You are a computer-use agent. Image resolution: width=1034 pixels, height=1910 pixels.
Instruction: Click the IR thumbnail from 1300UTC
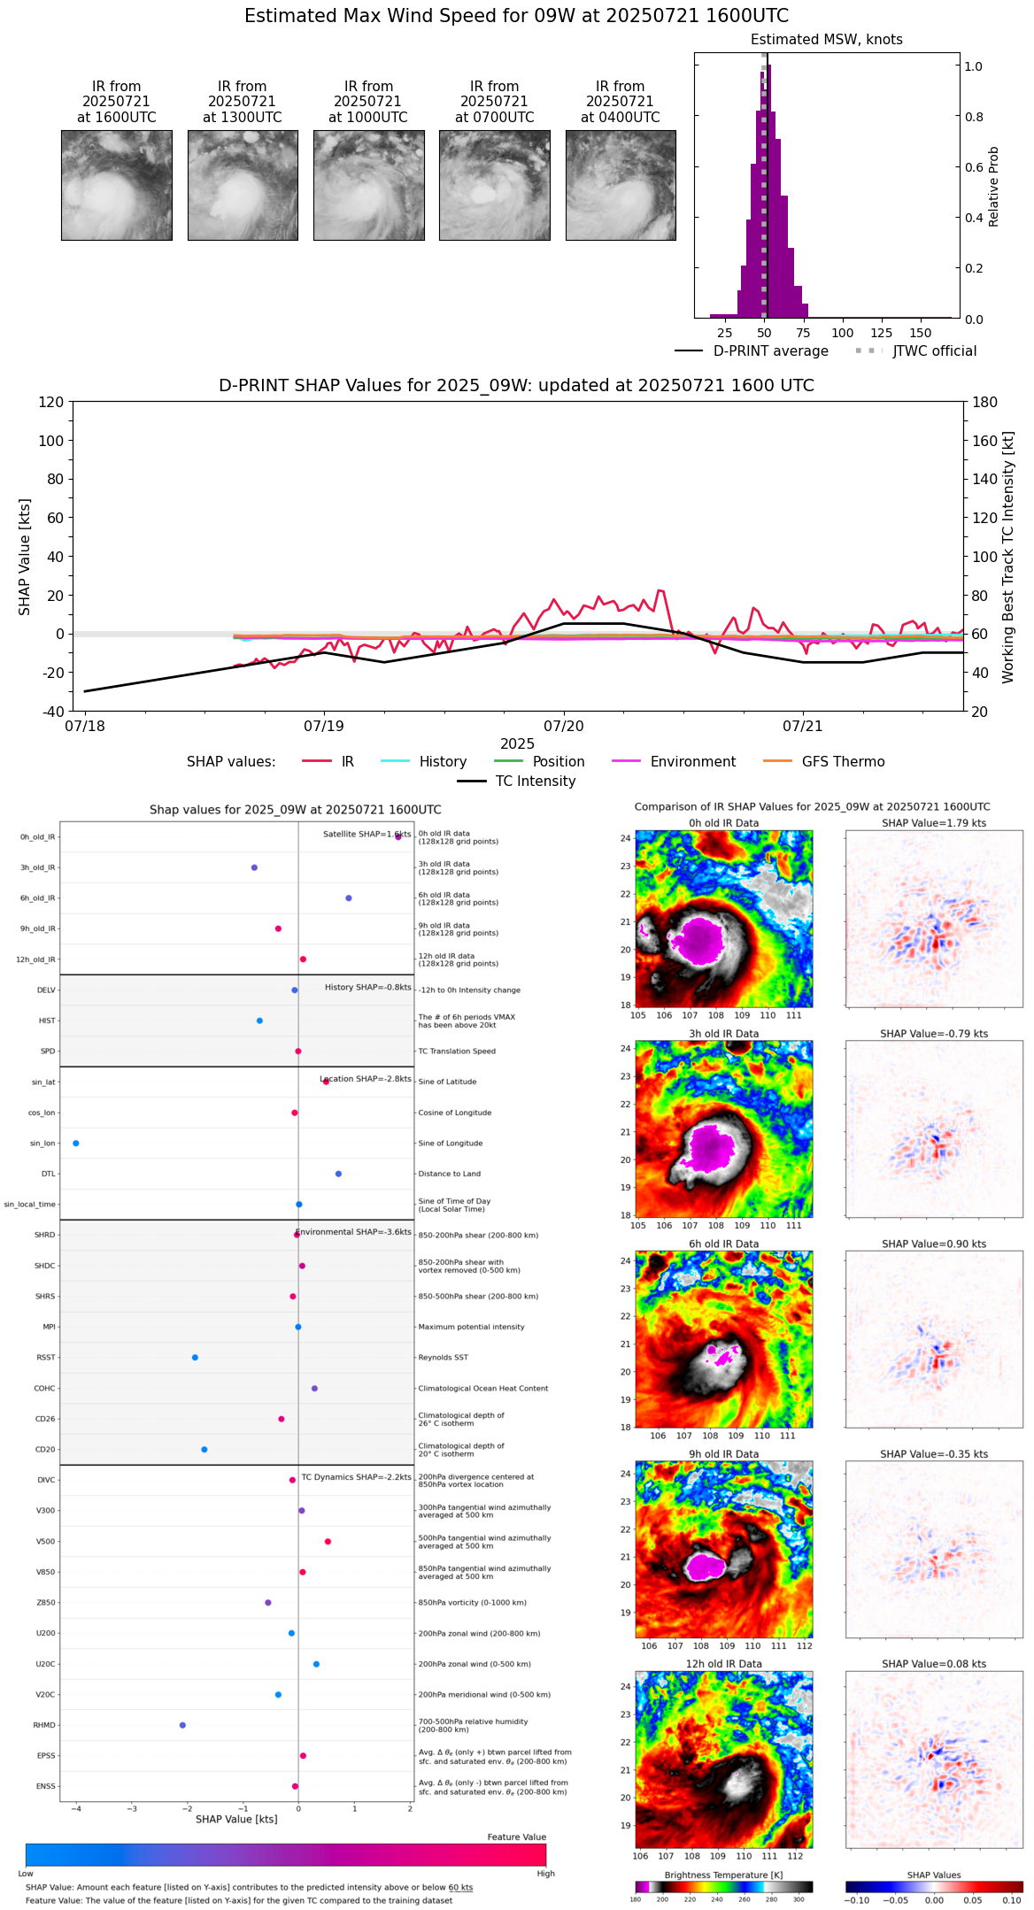pos(243,185)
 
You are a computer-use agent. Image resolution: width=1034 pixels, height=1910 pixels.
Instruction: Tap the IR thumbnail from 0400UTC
pos(621,185)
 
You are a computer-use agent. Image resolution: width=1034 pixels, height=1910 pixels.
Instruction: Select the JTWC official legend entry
pos(934,351)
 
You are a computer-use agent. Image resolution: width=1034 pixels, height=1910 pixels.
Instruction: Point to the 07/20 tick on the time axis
pos(564,726)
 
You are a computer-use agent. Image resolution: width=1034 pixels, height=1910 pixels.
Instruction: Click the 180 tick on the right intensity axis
pos(985,402)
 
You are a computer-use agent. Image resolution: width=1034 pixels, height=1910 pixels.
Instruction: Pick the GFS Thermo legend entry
pos(843,762)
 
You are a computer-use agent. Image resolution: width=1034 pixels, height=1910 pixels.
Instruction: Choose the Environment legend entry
pos(692,762)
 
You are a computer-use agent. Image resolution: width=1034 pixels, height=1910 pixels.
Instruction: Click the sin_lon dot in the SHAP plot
pos(76,1144)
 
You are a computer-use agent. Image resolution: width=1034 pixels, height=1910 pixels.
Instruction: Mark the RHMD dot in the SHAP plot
pos(182,1725)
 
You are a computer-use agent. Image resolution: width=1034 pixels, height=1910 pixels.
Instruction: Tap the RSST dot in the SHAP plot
pos(195,1358)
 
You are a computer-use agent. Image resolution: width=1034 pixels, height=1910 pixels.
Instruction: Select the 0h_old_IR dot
pos(398,836)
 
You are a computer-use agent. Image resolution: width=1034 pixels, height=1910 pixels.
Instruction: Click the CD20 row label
pos(45,1450)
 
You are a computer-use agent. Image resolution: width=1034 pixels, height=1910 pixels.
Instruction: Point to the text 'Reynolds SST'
pos(443,1358)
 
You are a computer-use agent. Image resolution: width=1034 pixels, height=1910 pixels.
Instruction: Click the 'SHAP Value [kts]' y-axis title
pos(25,557)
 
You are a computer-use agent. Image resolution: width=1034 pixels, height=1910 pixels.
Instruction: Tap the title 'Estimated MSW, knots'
pos(826,40)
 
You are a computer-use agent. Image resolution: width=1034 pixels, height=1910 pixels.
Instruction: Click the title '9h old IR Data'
pos(723,1454)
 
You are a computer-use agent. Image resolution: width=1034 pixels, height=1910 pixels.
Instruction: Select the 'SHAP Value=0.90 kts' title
pos(933,1244)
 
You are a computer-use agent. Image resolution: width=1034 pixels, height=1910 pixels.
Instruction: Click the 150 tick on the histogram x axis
pos(921,333)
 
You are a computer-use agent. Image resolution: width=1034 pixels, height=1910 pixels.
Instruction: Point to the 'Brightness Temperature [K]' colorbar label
pos(723,1875)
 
